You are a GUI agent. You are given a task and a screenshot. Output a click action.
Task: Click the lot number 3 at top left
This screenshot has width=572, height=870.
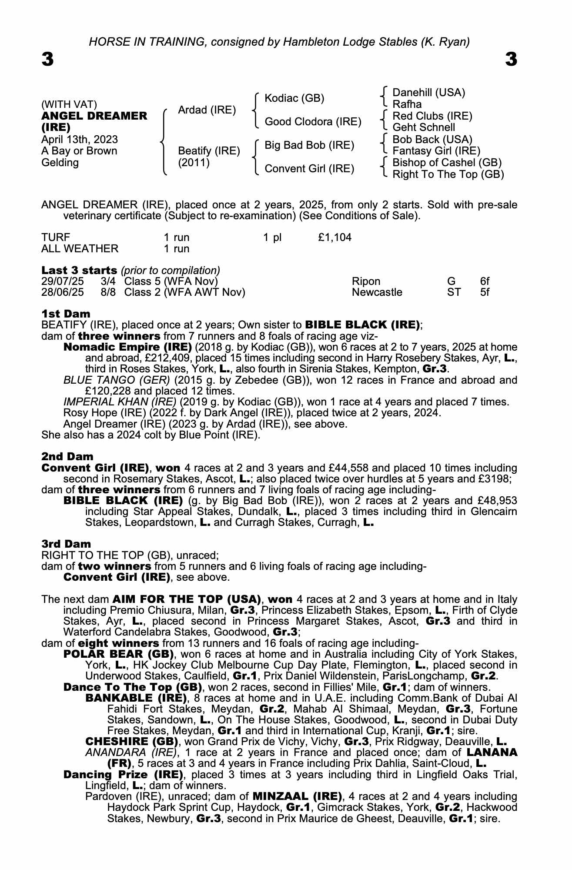click(x=48, y=60)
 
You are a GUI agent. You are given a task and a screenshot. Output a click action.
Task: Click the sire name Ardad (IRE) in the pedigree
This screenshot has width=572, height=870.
click(x=207, y=110)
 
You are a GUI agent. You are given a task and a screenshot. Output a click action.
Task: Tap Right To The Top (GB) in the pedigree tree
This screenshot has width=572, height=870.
click(x=448, y=174)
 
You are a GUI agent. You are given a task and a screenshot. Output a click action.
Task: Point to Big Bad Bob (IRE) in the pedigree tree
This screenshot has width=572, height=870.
click(x=309, y=145)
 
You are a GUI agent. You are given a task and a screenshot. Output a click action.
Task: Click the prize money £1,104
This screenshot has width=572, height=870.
click(x=335, y=238)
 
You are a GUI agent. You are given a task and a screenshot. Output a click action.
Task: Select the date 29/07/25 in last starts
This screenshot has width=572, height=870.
click(x=62, y=281)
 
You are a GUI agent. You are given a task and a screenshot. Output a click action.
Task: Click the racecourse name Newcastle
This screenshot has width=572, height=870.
click(x=377, y=292)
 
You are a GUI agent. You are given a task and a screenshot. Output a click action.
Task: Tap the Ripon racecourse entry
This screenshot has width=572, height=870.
click(x=366, y=281)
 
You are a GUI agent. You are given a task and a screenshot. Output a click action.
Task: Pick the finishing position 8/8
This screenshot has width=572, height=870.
click(x=108, y=292)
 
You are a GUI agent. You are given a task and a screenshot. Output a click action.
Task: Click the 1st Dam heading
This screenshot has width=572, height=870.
click(x=66, y=314)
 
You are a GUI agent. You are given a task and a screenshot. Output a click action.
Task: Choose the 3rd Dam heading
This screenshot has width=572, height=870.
click(x=66, y=544)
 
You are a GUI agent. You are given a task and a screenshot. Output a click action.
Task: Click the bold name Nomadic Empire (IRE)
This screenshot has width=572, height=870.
click(x=127, y=347)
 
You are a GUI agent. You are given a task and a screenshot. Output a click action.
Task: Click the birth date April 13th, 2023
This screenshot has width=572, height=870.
click(x=79, y=139)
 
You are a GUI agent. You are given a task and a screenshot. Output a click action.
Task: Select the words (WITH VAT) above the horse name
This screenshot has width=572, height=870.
click(x=69, y=104)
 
